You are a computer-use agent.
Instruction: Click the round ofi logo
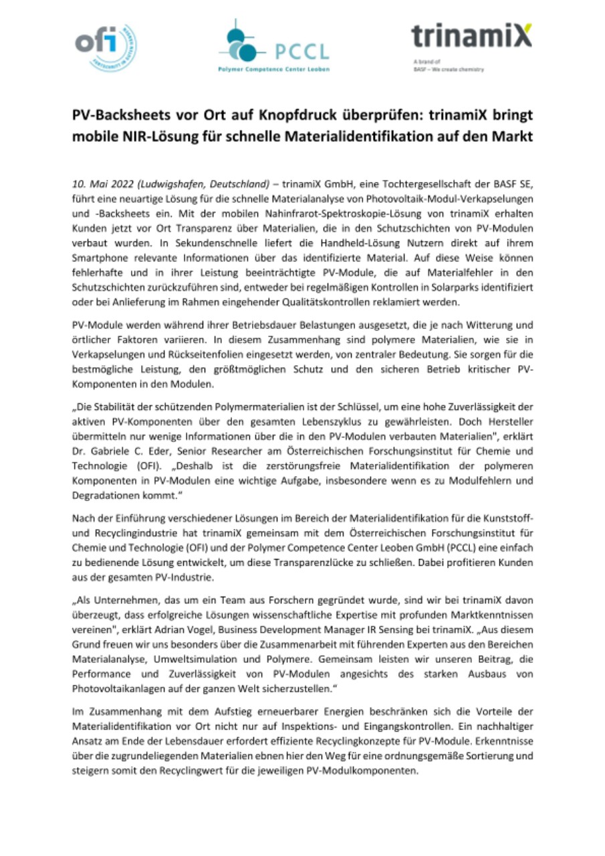[x=104, y=46]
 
